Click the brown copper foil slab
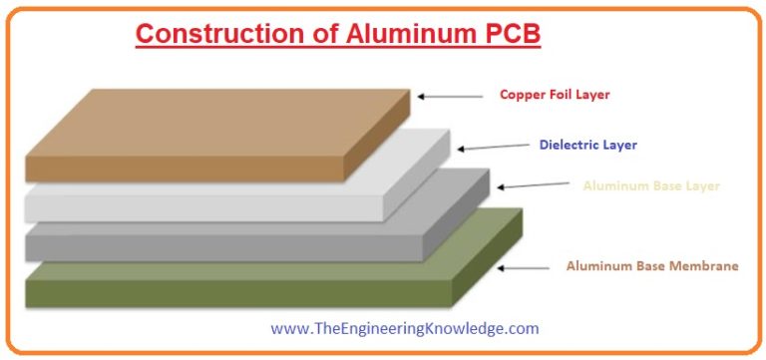tap(199, 140)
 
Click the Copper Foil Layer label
tap(554, 96)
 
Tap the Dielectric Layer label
tap(587, 145)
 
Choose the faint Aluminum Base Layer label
tap(650, 185)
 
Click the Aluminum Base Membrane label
tap(652, 266)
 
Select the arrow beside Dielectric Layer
tap(493, 147)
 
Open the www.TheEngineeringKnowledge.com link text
tap(405, 327)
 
